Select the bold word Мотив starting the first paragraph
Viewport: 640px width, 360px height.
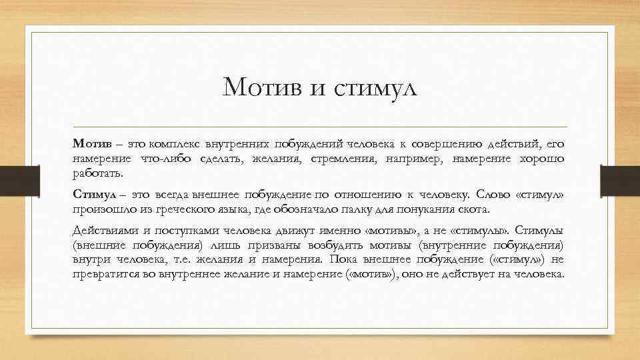pyautogui.click(x=89, y=143)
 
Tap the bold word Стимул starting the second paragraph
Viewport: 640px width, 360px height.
pyautogui.click(x=91, y=194)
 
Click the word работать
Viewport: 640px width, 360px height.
pyautogui.click(x=99, y=174)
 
